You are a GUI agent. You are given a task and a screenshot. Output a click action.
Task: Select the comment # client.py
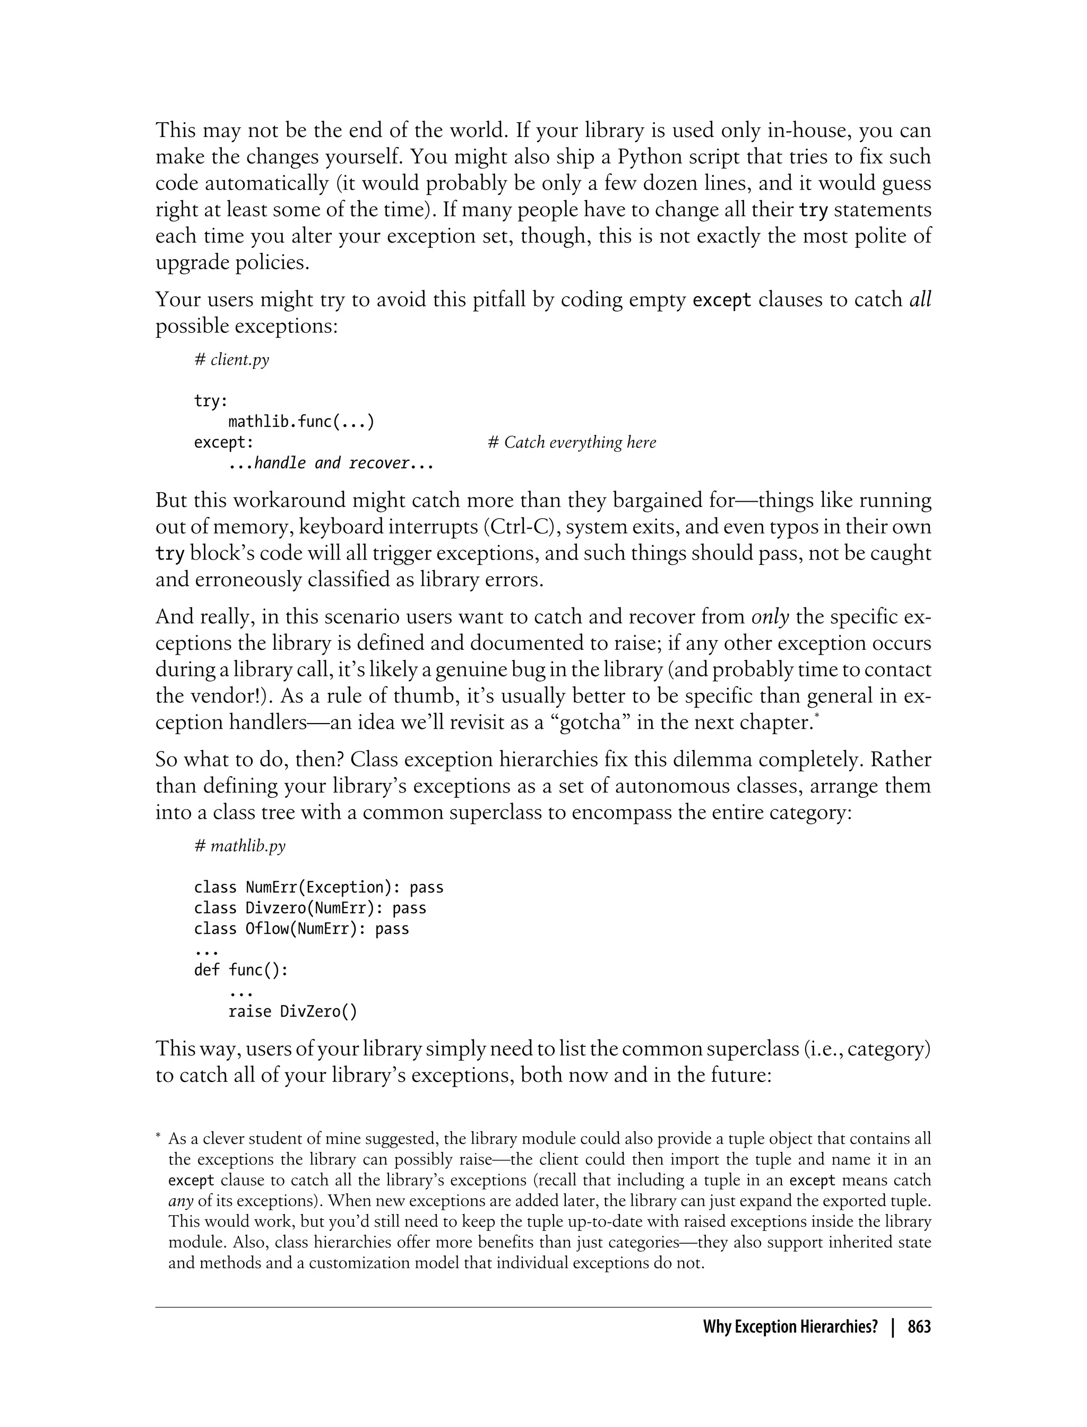point(231,360)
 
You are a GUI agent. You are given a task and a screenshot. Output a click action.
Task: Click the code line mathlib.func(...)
point(301,422)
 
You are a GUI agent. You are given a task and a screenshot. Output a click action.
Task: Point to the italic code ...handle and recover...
point(330,463)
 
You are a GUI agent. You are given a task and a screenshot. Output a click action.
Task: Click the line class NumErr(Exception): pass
point(318,887)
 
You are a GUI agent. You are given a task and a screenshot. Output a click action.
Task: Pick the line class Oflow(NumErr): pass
point(301,929)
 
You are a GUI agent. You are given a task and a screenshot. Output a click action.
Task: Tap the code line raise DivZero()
point(292,1011)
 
